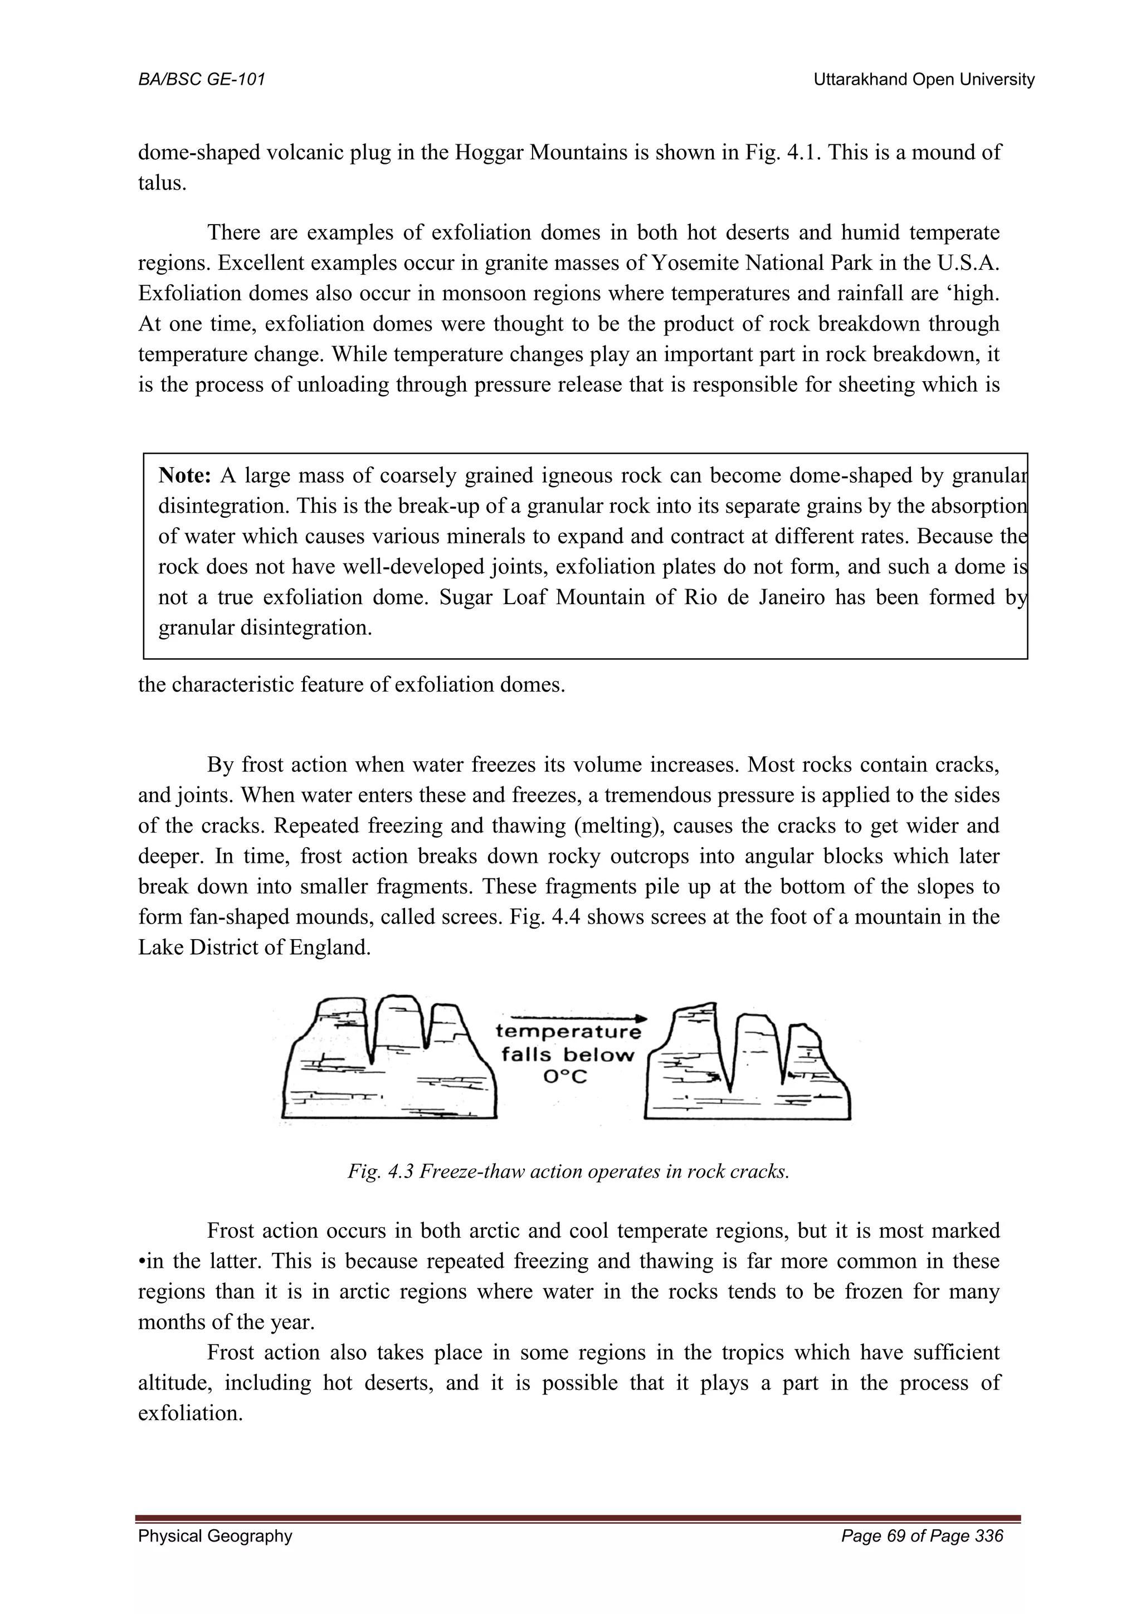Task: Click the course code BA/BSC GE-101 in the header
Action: [x=202, y=80]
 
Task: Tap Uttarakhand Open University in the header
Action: [x=923, y=80]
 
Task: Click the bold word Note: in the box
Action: [x=184, y=476]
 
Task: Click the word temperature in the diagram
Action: [x=568, y=1032]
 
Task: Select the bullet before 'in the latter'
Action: [x=142, y=1262]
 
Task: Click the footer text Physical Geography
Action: [x=215, y=1555]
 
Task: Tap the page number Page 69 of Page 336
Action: [x=922, y=1555]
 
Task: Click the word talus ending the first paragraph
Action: [x=162, y=183]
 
